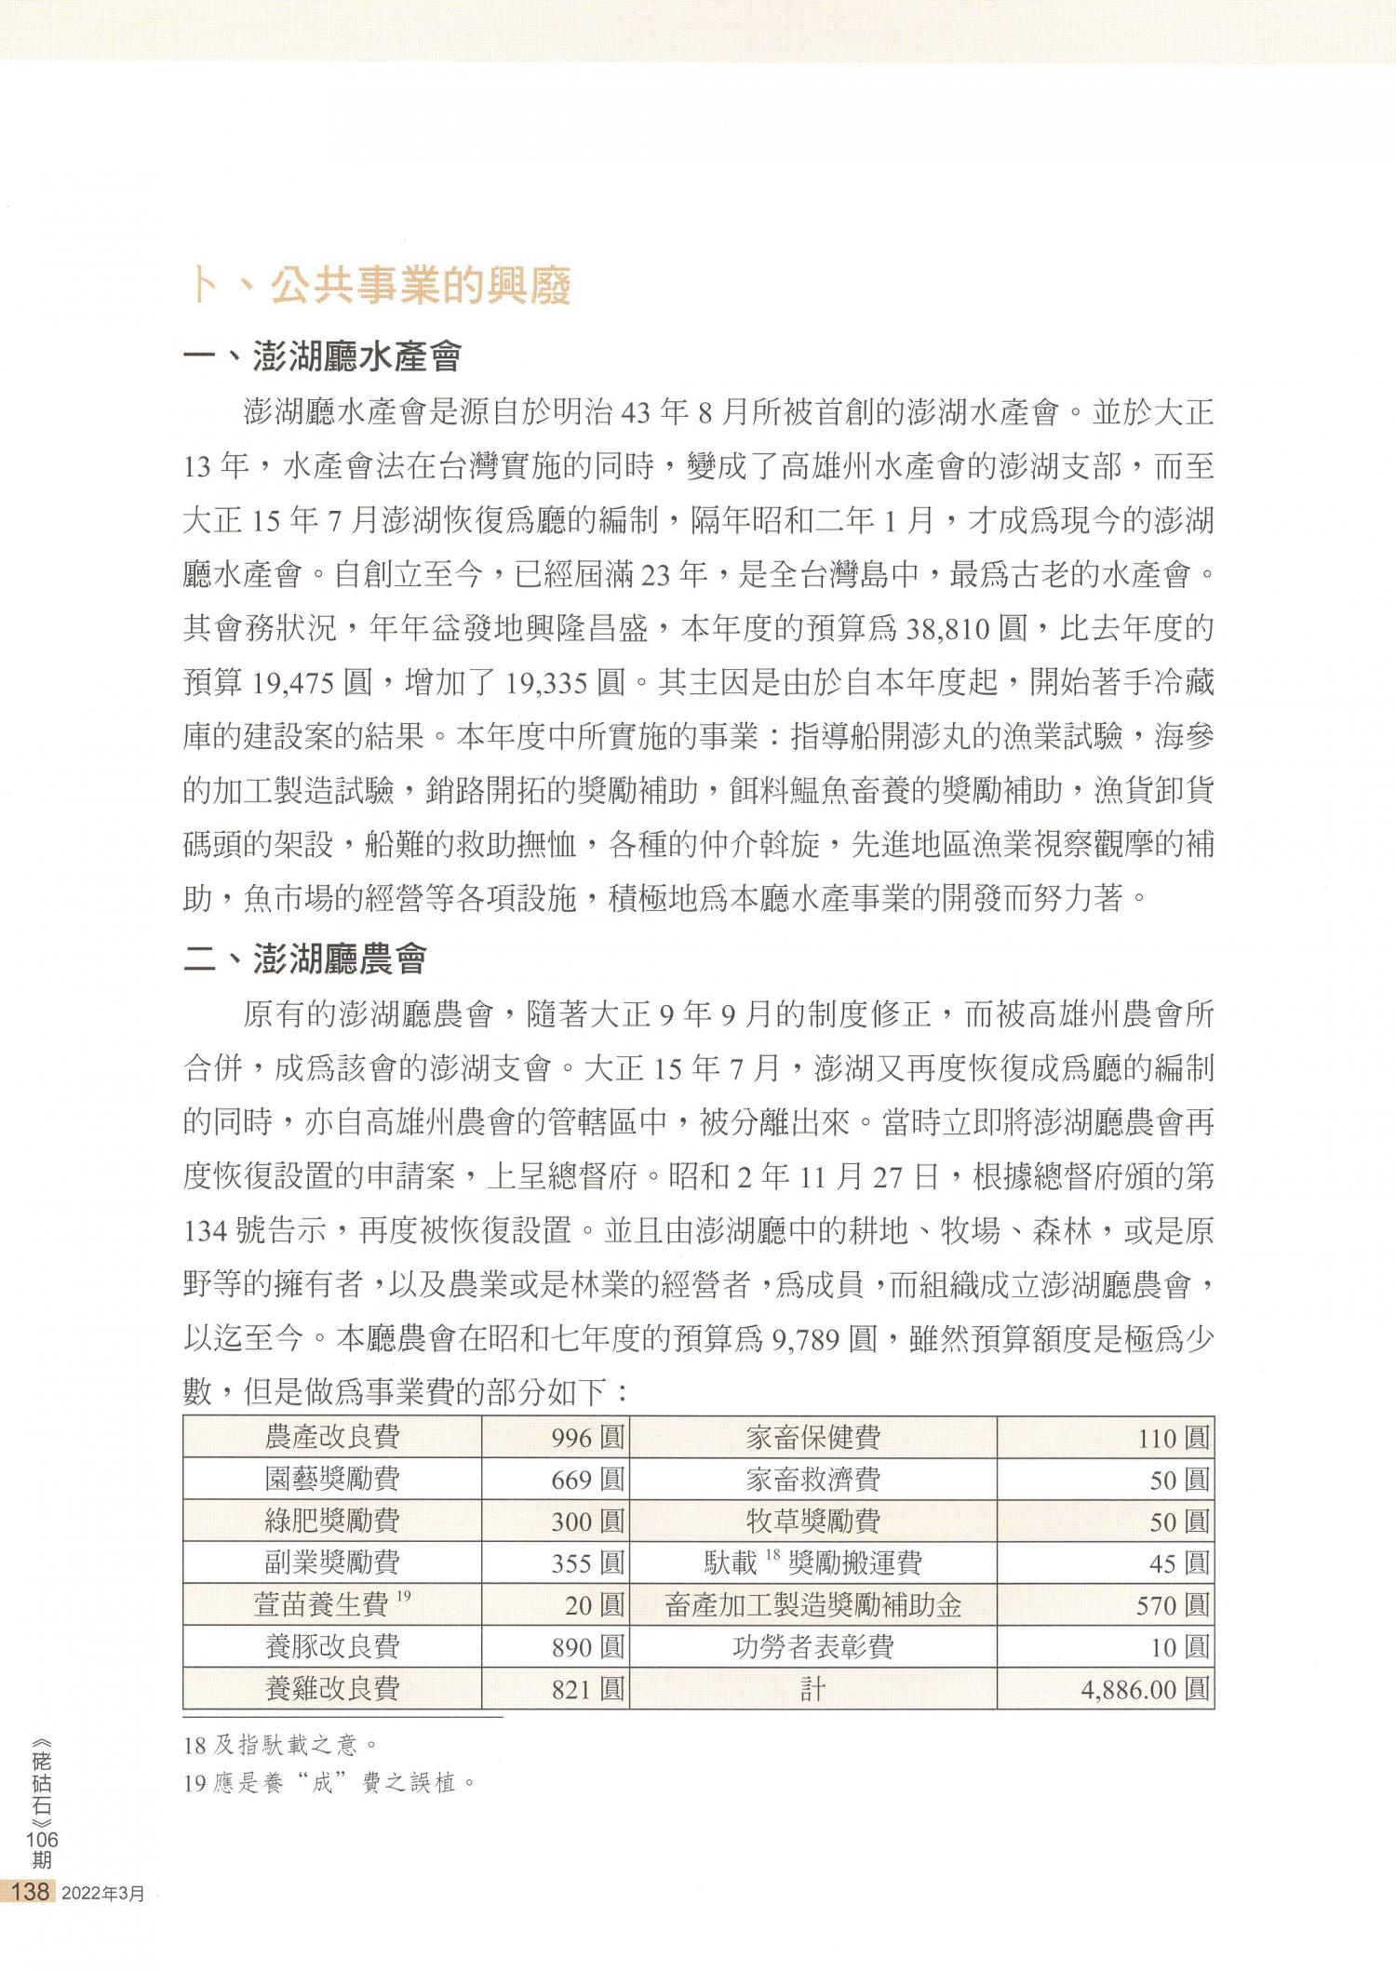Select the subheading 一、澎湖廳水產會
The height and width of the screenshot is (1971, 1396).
(322, 356)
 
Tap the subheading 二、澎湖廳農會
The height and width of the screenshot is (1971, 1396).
(304, 959)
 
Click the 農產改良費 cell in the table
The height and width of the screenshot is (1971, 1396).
(332, 1437)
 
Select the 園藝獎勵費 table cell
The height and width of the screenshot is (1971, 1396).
(332, 1479)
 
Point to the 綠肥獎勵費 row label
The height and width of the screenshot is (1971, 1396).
(332, 1521)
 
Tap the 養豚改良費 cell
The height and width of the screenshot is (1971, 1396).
(332, 1647)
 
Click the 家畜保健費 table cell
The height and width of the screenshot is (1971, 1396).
(812, 1438)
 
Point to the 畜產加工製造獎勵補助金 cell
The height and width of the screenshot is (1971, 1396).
(812, 1605)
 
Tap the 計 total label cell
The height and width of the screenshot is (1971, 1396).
(812, 1689)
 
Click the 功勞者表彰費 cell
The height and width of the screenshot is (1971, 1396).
(812, 1647)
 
